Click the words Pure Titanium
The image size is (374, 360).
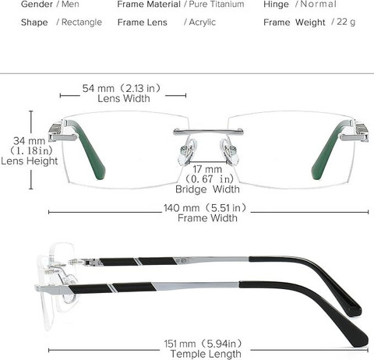pos(217,4)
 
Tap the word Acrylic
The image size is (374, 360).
pos(203,23)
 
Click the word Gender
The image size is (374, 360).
pos(37,4)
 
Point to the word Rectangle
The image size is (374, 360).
pos(82,23)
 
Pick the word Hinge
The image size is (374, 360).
pos(276,5)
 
